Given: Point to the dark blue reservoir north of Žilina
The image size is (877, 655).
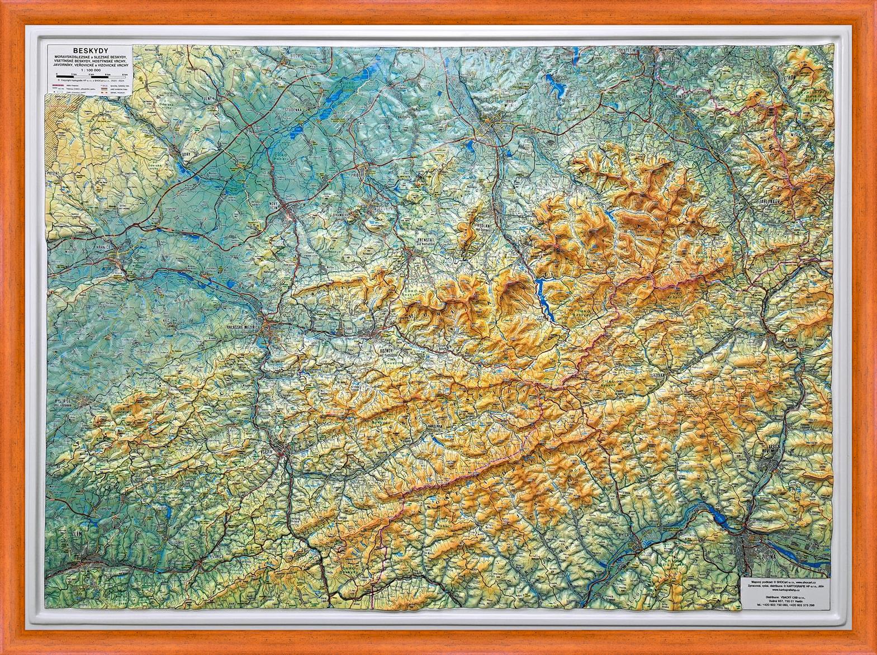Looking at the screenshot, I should tap(721, 517).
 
